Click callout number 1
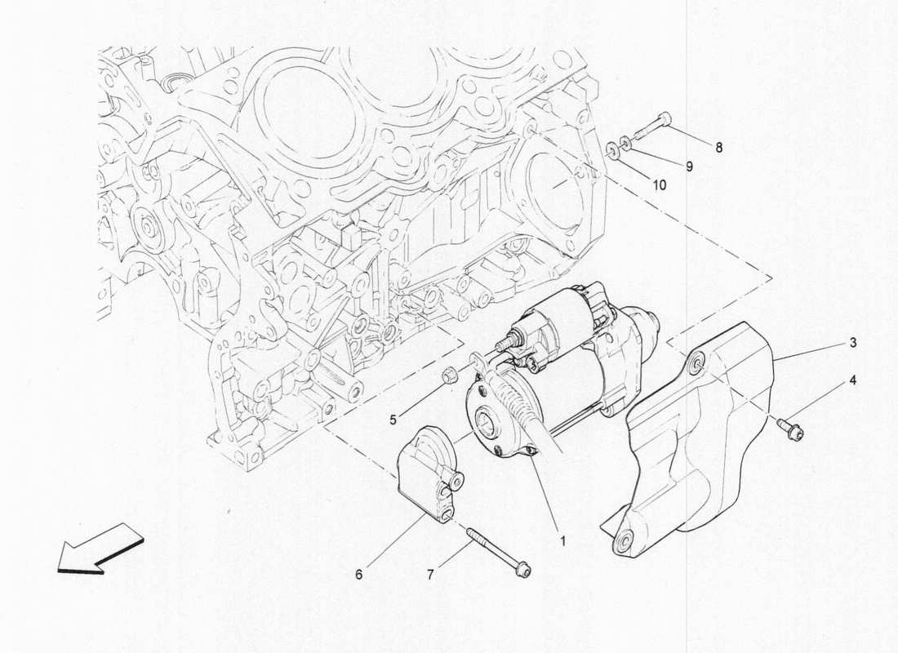pyautogui.click(x=562, y=540)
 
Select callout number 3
pyautogui.click(x=852, y=344)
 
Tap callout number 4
pyautogui.click(x=852, y=380)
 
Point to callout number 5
pyautogui.click(x=393, y=420)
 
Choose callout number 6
pyautogui.click(x=358, y=574)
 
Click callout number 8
pyautogui.click(x=718, y=148)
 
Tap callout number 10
pyautogui.click(x=660, y=185)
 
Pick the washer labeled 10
pyautogui.click(x=611, y=151)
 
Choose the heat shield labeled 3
pyautogui.click(x=702, y=441)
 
